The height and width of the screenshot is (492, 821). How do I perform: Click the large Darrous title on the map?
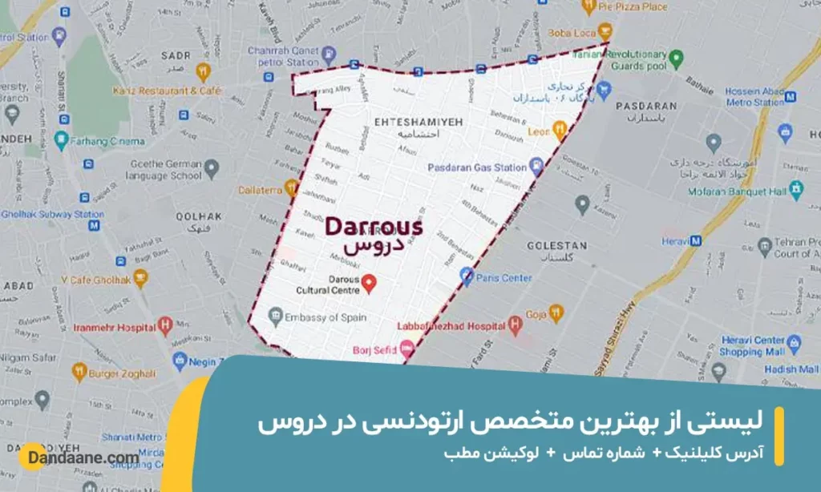pyautogui.click(x=373, y=227)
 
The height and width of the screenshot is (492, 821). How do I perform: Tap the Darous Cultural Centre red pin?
pyautogui.click(x=369, y=281)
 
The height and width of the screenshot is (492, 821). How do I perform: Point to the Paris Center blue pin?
pyautogui.click(x=467, y=277)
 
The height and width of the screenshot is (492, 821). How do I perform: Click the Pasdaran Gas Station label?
pyautogui.click(x=475, y=167)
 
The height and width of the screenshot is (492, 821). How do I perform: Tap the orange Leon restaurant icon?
pyautogui.click(x=560, y=127)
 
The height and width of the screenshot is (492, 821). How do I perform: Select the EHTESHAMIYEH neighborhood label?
pyautogui.click(x=407, y=121)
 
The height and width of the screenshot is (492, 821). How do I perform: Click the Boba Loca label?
pyautogui.click(x=568, y=34)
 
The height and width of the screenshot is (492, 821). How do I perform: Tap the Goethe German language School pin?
pyautogui.click(x=211, y=169)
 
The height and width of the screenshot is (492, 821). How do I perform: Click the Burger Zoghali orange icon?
pyautogui.click(x=79, y=372)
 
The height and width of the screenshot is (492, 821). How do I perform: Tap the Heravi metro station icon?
pyautogui.click(x=697, y=240)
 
